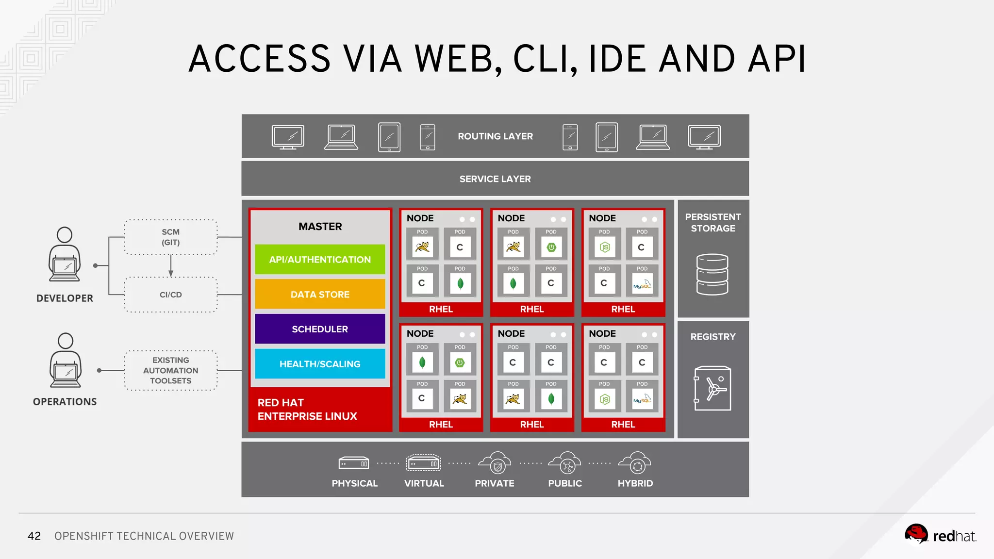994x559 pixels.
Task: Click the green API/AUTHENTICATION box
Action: (x=320, y=260)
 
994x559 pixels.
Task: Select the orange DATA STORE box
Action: (x=320, y=294)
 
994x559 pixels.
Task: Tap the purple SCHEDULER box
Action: (x=320, y=329)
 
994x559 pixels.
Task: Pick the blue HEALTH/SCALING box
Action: (x=320, y=364)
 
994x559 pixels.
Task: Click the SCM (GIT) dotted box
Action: (x=171, y=237)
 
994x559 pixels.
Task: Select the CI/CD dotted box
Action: (x=171, y=295)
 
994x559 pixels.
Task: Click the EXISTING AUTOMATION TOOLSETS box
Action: (x=171, y=370)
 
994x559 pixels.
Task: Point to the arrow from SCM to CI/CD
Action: (x=171, y=266)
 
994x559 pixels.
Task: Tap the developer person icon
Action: (x=65, y=254)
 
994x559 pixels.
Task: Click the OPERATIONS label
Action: (x=65, y=402)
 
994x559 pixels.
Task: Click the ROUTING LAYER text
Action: (x=495, y=136)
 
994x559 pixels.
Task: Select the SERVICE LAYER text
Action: (x=495, y=179)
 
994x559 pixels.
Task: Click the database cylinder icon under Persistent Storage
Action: (x=712, y=274)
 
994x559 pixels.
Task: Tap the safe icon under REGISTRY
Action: (x=712, y=388)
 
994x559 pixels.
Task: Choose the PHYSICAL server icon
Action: (x=354, y=463)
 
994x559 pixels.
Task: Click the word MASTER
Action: (x=320, y=227)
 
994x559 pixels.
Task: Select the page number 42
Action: (x=34, y=536)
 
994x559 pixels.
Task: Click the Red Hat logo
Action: (x=940, y=535)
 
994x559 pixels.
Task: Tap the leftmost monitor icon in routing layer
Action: (x=288, y=137)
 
